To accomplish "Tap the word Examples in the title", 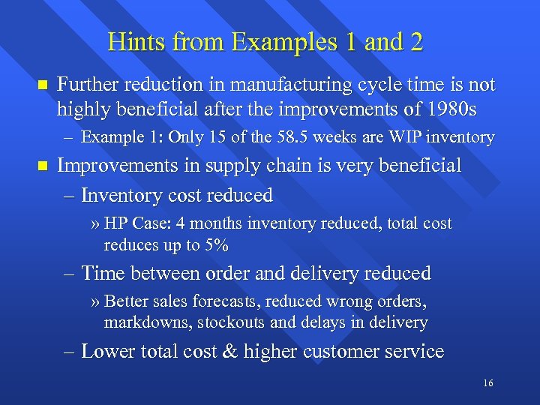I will pyautogui.click(x=268, y=42).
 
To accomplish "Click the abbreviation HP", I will pyautogui.click(x=116, y=223).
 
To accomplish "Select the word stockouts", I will pyautogui.click(x=217, y=323).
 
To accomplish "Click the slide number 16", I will pyautogui.click(x=488, y=383).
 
